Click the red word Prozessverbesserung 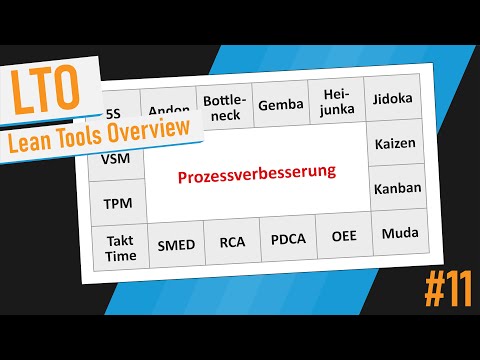coord(257,174)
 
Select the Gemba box coord(281,104)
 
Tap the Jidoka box coord(392,101)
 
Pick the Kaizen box coord(394,144)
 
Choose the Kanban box coord(396,187)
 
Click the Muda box coord(399,234)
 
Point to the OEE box coord(343,239)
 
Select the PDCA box coord(288,241)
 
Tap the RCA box coord(232,242)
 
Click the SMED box coord(177,244)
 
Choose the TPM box coord(118,202)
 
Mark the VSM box coord(115,158)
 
